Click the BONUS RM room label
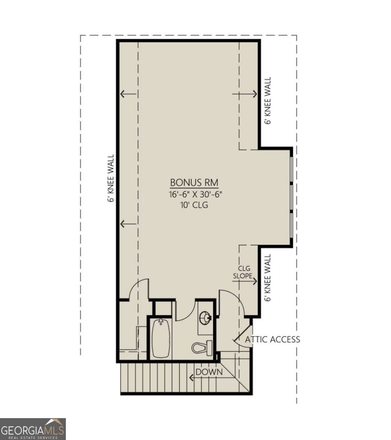click(194, 183)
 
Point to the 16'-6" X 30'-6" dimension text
click(196, 194)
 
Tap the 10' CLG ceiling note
click(194, 205)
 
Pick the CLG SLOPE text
click(243, 272)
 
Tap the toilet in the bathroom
click(202, 348)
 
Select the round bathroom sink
click(205, 318)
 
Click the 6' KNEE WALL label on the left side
click(111, 178)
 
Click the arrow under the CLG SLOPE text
click(245, 282)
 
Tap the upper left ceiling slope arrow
click(128, 94)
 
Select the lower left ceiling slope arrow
click(128, 224)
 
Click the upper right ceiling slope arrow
click(245, 94)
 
